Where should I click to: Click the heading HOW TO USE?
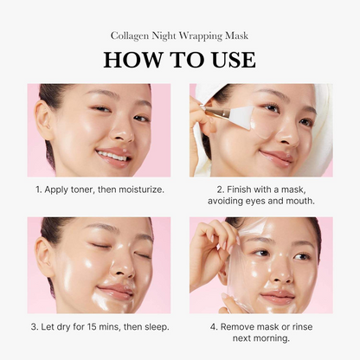179,60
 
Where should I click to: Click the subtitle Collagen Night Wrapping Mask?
179,35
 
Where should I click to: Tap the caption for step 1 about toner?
99,189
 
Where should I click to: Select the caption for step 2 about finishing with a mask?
260,195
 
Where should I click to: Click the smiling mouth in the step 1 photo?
113,156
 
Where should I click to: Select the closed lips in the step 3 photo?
116,292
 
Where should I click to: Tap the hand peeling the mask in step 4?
205,251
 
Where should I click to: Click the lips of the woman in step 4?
277,297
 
